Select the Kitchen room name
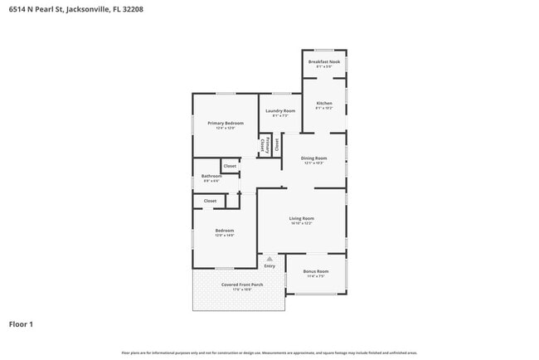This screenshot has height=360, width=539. pos(323,103)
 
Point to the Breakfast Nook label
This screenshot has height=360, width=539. pos(323,61)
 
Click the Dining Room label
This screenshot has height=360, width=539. pos(313,158)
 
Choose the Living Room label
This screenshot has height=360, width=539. pos(301,218)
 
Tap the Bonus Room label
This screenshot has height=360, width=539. pos(315,271)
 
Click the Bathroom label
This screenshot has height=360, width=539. pos(211,176)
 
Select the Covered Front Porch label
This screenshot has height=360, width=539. pos(239,285)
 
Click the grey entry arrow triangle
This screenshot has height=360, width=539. pos(269,259)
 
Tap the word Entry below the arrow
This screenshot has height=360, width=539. pos(269,266)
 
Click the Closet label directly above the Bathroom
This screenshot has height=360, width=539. pos(230,166)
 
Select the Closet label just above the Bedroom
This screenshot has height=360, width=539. pos(210,201)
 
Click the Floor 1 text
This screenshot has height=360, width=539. pos(21,324)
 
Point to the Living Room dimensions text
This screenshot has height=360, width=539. pos(301,224)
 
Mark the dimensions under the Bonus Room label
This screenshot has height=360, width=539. pos(315,277)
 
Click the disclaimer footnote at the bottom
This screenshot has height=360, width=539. pos(269,353)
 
